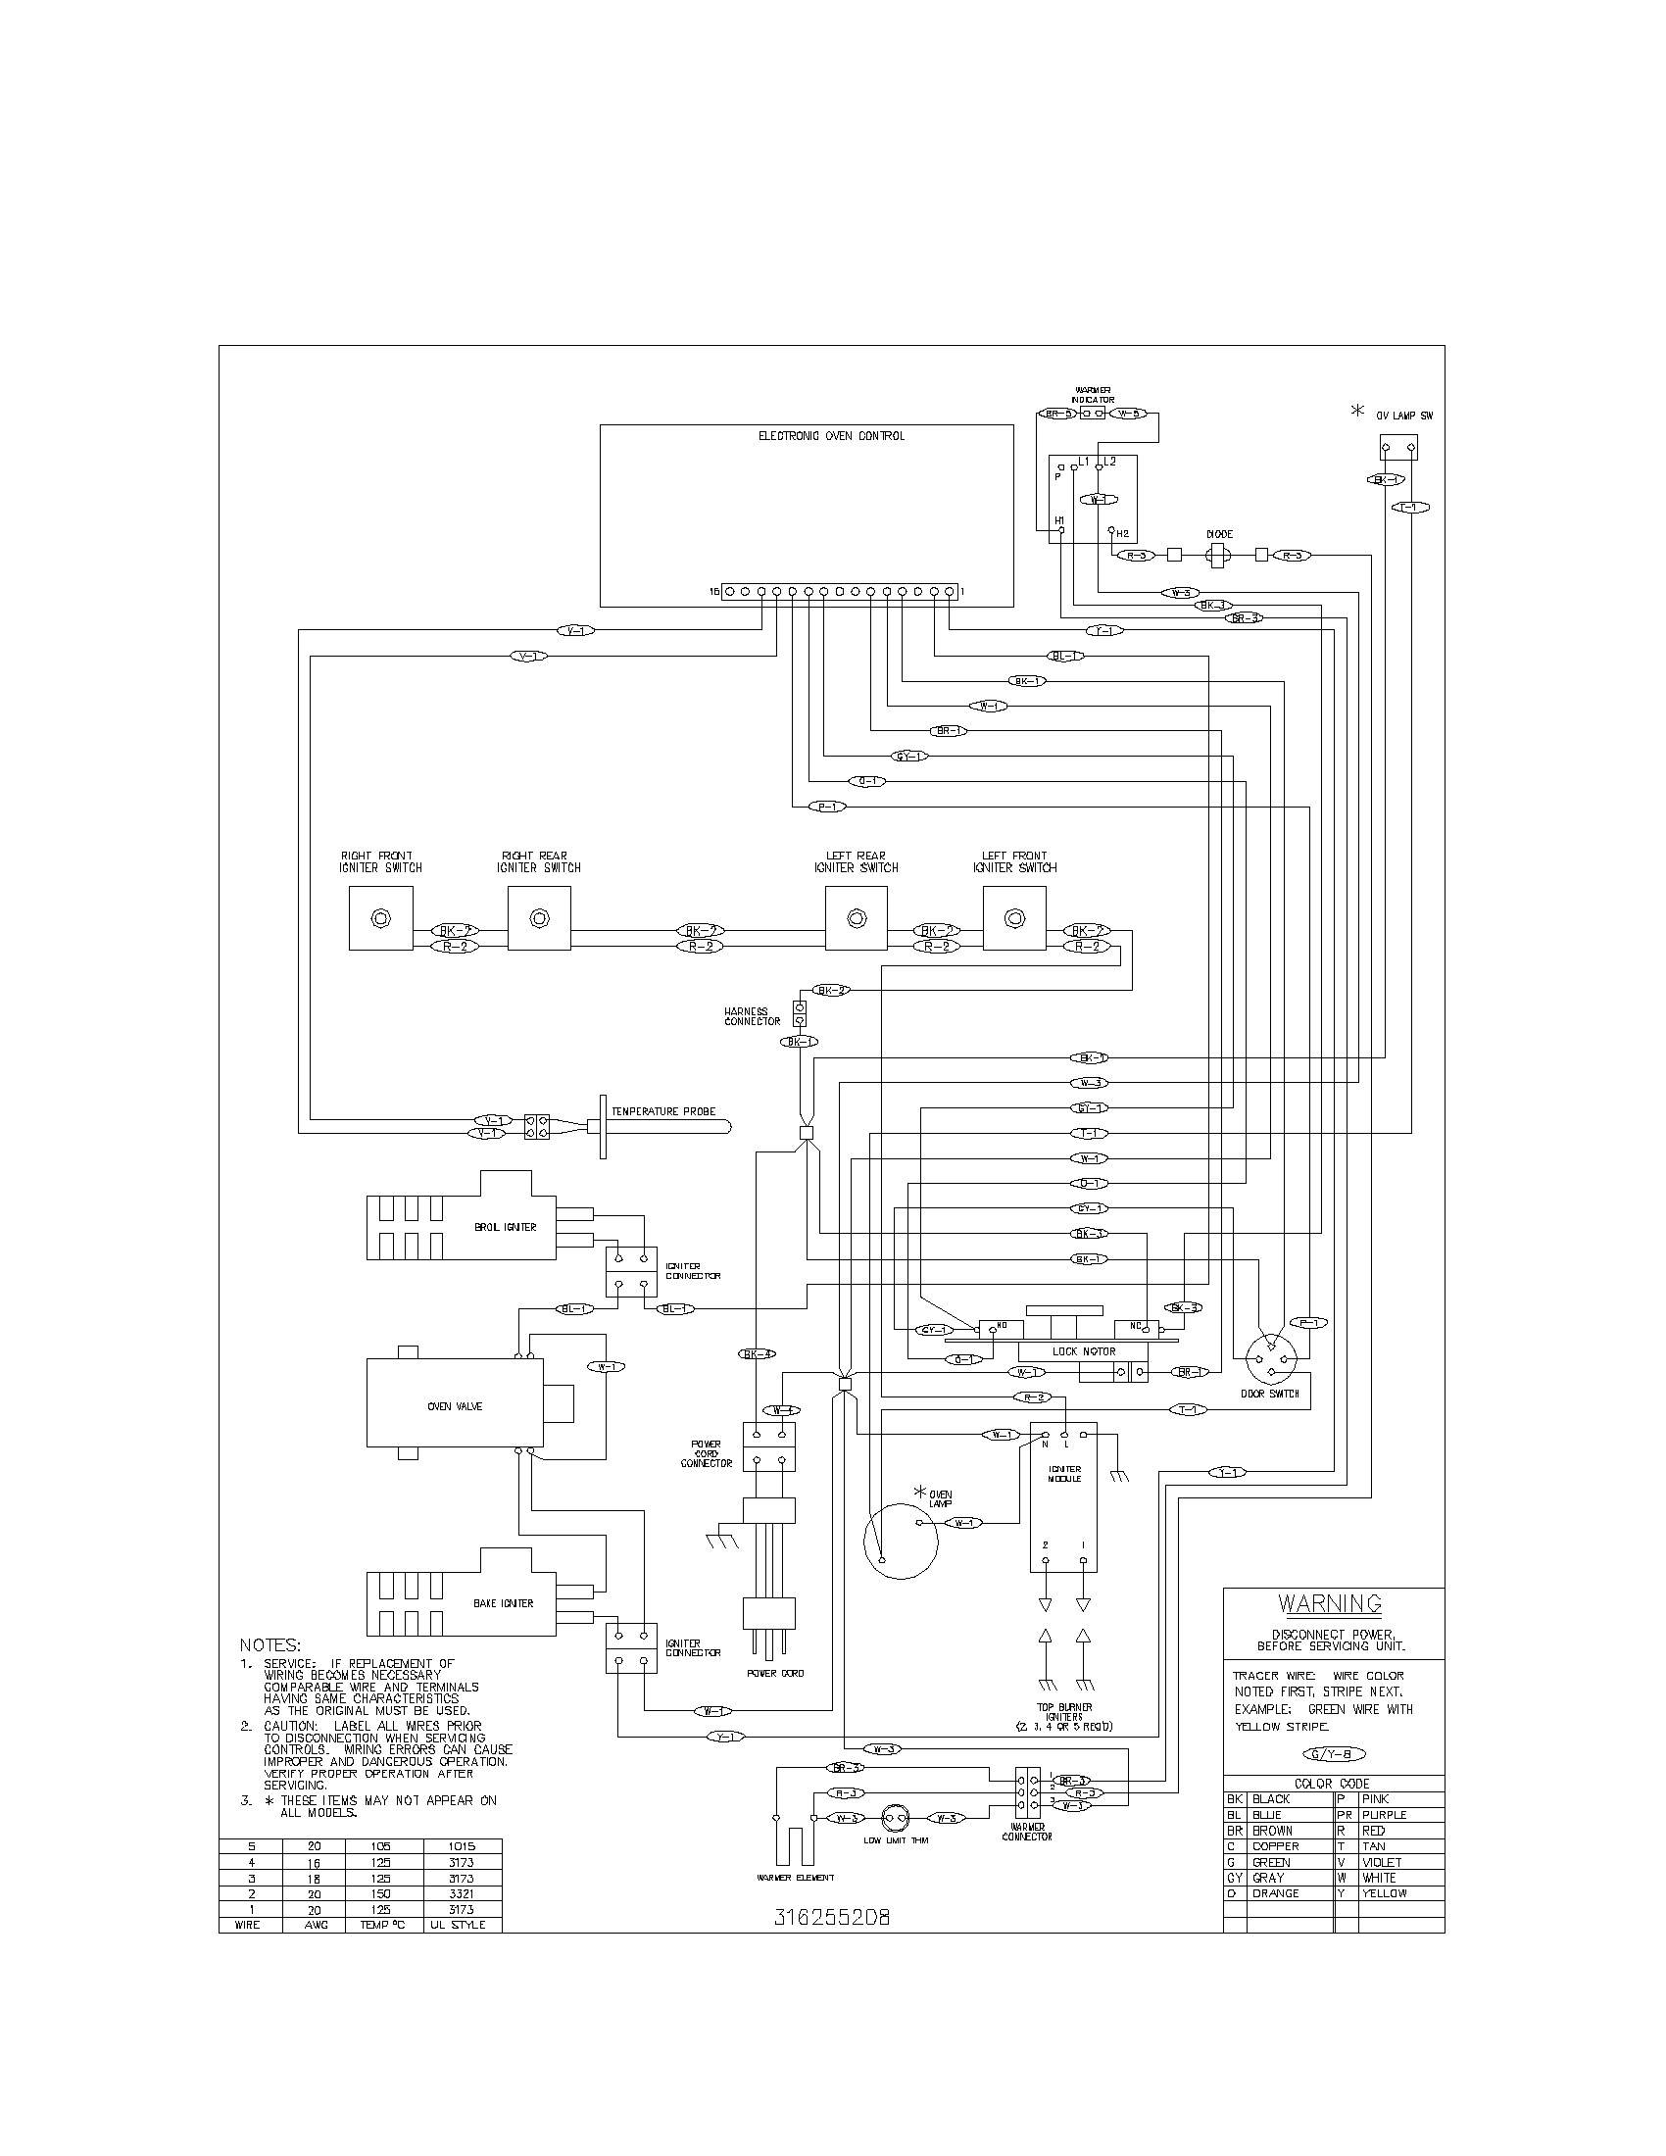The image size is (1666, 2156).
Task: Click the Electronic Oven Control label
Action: (x=831, y=435)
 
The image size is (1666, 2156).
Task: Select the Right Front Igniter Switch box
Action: (x=380, y=918)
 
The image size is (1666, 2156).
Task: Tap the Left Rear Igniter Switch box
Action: (x=856, y=918)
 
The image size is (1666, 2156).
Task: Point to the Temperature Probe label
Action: (x=663, y=1111)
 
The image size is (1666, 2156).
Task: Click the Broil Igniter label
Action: (x=506, y=1227)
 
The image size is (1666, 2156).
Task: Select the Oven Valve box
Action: (x=454, y=1406)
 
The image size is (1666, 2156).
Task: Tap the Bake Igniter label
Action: (x=504, y=1603)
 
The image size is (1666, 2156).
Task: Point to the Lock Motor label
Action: (x=1084, y=1351)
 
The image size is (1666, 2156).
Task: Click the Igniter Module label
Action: (x=1064, y=1474)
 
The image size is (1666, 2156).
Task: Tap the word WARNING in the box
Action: (x=1331, y=1603)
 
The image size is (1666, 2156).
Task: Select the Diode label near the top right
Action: (x=1220, y=534)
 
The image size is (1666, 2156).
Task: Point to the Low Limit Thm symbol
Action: (x=894, y=1817)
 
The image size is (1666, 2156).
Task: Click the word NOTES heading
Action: (x=269, y=1645)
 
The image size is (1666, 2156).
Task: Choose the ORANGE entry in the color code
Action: (x=1275, y=1893)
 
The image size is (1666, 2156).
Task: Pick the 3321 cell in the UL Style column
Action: (x=461, y=1893)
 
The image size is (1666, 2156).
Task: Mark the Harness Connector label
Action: (x=752, y=1017)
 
